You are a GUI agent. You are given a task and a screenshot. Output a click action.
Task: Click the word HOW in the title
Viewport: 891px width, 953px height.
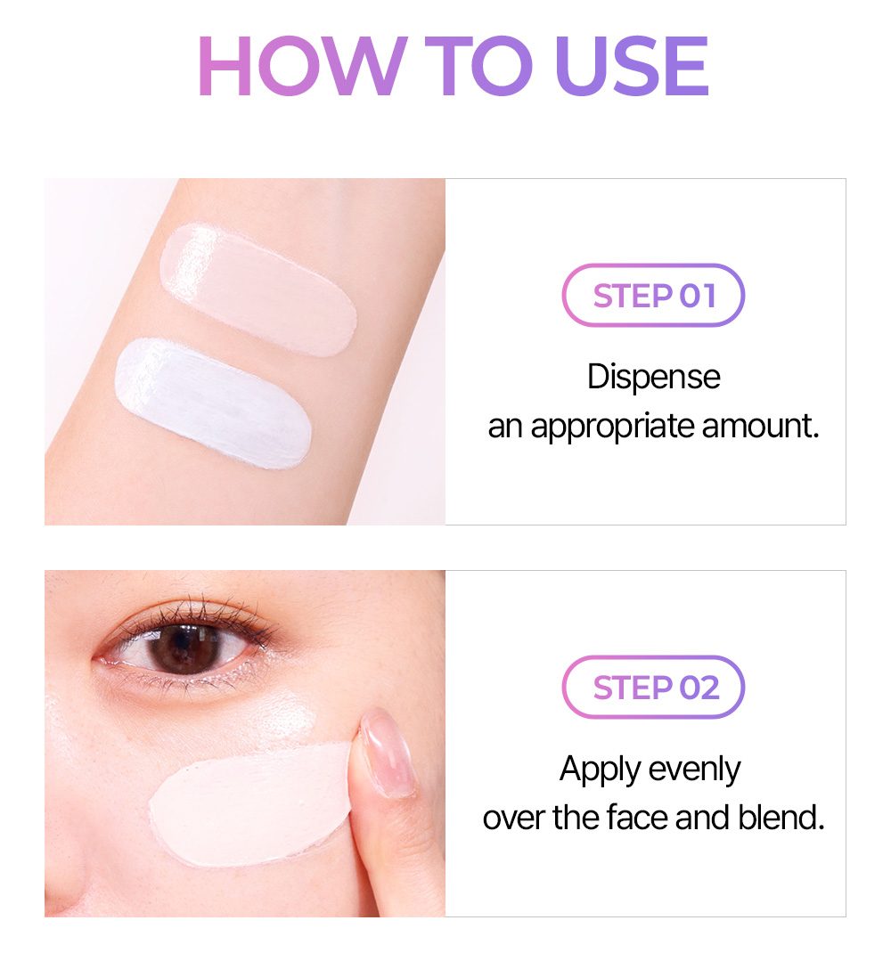coord(302,66)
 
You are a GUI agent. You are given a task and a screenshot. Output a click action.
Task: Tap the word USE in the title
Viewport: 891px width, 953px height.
coord(633,66)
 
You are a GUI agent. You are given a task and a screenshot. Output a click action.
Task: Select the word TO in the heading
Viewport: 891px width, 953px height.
coord(478,66)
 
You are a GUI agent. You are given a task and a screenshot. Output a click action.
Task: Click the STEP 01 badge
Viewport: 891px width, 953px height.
coord(653,296)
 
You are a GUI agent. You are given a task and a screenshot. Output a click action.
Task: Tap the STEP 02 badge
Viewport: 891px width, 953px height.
coord(653,688)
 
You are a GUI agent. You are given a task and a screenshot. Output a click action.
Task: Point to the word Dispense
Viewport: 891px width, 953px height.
coord(654,378)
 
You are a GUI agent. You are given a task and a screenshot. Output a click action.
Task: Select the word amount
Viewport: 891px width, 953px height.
coord(760,426)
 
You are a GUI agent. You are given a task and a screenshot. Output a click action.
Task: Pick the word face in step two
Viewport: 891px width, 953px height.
coord(639,818)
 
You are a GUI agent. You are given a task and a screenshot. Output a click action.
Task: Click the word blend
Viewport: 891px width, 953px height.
coord(781,818)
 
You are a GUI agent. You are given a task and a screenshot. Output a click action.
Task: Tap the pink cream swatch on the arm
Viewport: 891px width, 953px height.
coord(258,289)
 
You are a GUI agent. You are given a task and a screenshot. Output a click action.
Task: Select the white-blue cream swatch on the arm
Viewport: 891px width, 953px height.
coord(213,403)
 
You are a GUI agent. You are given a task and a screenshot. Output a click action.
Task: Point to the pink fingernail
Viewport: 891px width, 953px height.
coord(387,753)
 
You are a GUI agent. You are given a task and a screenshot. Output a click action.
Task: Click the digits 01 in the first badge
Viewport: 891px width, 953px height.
coord(698,296)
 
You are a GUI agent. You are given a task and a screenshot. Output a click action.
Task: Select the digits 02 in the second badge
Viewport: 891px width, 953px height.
coord(699,688)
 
